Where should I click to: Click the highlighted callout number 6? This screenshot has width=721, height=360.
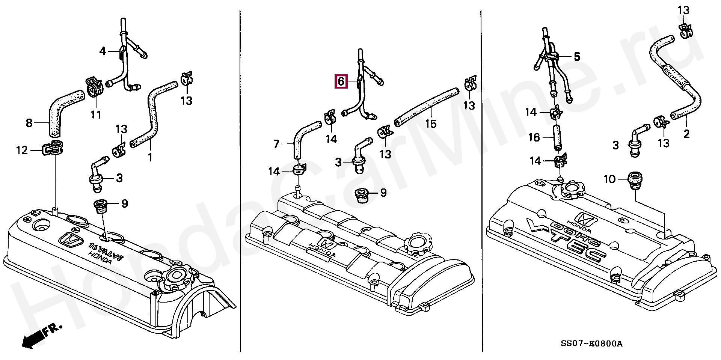[x=341, y=81]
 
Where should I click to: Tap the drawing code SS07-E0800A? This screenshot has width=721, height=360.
[x=591, y=344]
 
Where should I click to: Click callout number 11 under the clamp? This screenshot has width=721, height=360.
[x=95, y=114]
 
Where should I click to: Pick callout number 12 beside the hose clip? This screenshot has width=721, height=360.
[x=22, y=151]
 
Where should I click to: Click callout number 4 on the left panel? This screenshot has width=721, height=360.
[x=103, y=51]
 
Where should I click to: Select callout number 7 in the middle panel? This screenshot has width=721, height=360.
[x=276, y=144]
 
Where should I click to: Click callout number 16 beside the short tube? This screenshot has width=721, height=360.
[x=534, y=137]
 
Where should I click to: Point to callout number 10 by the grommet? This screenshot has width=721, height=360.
[x=610, y=179]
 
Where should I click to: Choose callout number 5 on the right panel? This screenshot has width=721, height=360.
[x=577, y=57]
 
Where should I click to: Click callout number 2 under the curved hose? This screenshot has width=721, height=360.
[x=686, y=134]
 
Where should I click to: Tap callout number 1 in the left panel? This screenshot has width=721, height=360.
[x=150, y=157]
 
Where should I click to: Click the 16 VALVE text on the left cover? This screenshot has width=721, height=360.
[x=106, y=251]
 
